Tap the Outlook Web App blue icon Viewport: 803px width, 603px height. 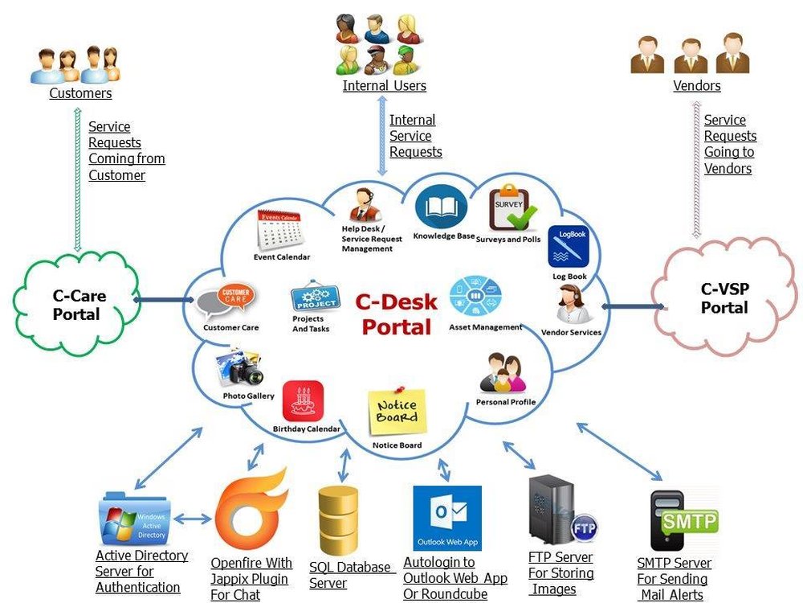pyautogui.click(x=446, y=518)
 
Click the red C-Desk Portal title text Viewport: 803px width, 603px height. pyautogui.click(x=397, y=314)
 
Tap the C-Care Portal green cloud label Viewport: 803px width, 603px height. pyautogui.click(x=79, y=305)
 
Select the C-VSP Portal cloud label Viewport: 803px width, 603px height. pyautogui.click(x=724, y=298)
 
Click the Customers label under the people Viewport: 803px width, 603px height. pyautogui.click(x=80, y=93)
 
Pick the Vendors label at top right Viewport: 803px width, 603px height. pyautogui.click(x=696, y=85)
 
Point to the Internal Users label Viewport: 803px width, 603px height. pyautogui.click(x=384, y=85)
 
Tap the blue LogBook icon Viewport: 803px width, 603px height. pyautogui.click(x=569, y=247)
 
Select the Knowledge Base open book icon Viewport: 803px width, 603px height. pyautogui.click(x=441, y=207)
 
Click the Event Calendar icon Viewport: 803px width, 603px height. pyautogui.click(x=279, y=228)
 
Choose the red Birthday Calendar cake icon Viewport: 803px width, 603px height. pyautogui.click(x=303, y=401)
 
